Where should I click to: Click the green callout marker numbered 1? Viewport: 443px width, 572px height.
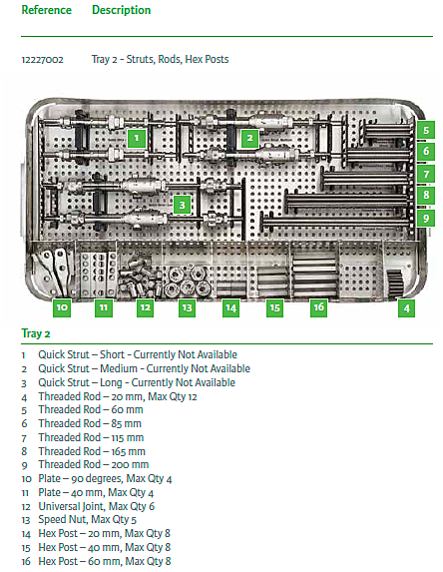[x=137, y=138]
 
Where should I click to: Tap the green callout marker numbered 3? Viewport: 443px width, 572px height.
[x=182, y=205]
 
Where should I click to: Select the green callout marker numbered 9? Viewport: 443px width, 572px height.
[x=426, y=219]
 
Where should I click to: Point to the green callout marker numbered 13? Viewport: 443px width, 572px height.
[x=187, y=307]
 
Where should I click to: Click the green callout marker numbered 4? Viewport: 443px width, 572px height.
[x=406, y=308]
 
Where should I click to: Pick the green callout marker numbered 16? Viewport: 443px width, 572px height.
[x=318, y=307]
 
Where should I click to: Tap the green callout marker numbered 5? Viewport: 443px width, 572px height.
[x=426, y=130]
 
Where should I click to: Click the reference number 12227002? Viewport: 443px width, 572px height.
[x=42, y=60]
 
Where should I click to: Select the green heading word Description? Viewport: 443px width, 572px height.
[x=122, y=10]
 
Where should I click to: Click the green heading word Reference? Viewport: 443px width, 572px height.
[x=47, y=10]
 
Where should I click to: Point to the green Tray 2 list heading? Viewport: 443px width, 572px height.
[x=36, y=333]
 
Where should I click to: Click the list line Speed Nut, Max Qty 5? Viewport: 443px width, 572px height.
[x=88, y=519]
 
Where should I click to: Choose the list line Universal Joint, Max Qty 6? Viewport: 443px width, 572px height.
[x=97, y=506]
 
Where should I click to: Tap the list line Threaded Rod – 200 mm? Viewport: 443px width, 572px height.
[x=94, y=464]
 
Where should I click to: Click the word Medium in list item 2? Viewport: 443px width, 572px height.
[x=119, y=368]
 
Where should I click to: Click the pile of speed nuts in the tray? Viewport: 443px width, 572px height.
[x=188, y=281]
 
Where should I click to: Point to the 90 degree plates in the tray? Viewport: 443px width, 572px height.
[x=54, y=271]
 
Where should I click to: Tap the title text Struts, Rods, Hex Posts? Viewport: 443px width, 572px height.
[x=178, y=59]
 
